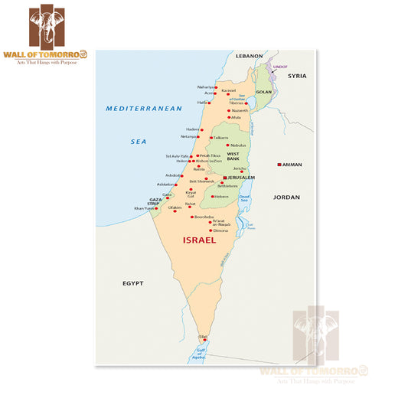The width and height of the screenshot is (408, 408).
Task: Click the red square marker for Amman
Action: [x=279, y=165]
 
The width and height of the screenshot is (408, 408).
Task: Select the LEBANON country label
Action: [x=249, y=56]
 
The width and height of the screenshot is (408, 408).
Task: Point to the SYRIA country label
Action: [x=297, y=76]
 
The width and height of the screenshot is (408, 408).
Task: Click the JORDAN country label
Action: [x=286, y=197]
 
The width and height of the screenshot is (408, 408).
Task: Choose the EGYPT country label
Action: [x=133, y=283]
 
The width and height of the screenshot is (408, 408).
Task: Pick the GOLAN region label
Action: [x=264, y=92]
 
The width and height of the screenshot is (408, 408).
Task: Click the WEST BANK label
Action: [x=233, y=156]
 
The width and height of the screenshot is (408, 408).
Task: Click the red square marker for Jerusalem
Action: [x=224, y=177]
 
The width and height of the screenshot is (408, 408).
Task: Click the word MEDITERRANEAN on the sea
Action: [x=145, y=109]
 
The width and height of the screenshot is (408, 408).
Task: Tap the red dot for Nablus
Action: [x=227, y=145]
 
